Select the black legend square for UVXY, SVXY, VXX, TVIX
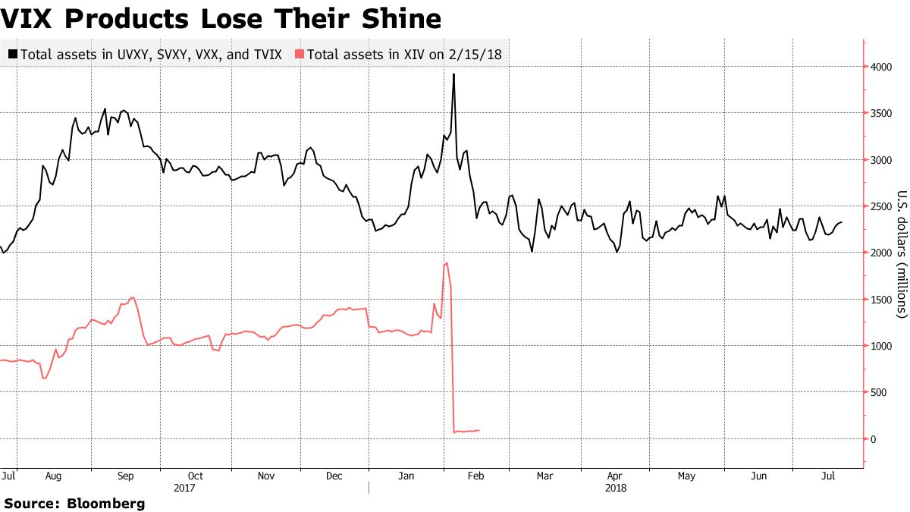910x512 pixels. tap(13, 54)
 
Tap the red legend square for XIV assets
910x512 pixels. tap(300, 54)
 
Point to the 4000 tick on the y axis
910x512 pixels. tap(882, 67)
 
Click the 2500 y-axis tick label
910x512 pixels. tap(882, 206)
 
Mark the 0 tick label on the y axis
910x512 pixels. tap(873, 439)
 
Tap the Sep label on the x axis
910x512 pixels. tap(126, 476)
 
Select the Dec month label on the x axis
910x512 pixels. tap(334, 476)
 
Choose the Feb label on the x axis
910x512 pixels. tap(475, 476)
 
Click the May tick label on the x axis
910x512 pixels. tap(686, 476)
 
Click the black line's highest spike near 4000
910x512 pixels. tap(453, 74)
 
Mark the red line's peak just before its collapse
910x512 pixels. tap(447, 262)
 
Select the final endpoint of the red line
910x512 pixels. tap(479, 430)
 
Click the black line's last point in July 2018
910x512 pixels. tap(842, 222)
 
